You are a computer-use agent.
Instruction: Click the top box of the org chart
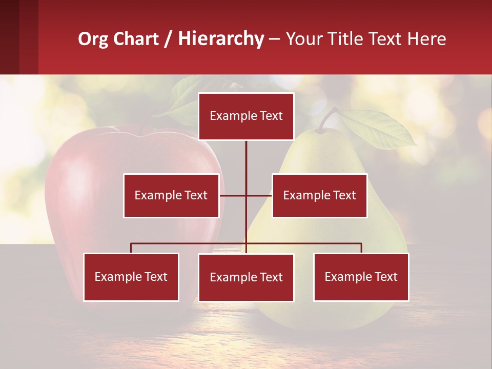pyautogui.click(x=246, y=116)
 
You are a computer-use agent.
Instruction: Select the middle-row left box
pyautogui.click(x=171, y=195)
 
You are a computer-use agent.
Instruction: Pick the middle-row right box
pyautogui.click(x=319, y=195)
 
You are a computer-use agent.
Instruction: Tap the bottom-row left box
pyautogui.click(x=131, y=277)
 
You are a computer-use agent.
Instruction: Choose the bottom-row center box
pyautogui.click(x=246, y=277)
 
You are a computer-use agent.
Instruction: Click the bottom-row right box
pyautogui.click(x=361, y=277)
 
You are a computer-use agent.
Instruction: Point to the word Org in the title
pyautogui.click(x=93, y=39)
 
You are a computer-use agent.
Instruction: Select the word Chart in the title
pyautogui.click(x=137, y=39)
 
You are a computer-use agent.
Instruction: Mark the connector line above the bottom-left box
pyautogui.click(x=131, y=248)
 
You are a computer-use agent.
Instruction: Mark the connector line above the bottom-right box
pyautogui.click(x=361, y=248)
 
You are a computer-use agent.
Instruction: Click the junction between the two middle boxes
pyautogui.click(x=246, y=195)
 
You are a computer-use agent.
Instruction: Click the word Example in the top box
pyautogui.click(x=233, y=116)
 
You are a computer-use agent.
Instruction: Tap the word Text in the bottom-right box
pyautogui.click(x=385, y=277)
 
